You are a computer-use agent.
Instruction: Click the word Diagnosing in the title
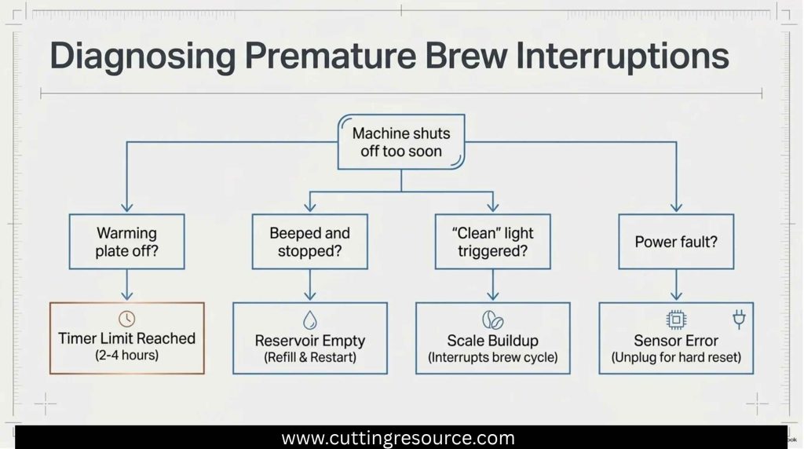click(x=143, y=57)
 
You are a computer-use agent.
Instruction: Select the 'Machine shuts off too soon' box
click(x=401, y=142)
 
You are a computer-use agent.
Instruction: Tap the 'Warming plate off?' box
click(x=126, y=242)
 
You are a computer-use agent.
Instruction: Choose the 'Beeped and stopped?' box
click(x=309, y=242)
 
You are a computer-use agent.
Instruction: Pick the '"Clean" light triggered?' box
click(x=493, y=242)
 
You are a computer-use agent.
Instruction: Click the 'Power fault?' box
click(x=676, y=242)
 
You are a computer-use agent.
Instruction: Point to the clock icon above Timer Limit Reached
click(x=126, y=319)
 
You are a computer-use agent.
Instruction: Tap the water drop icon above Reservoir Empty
click(x=309, y=319)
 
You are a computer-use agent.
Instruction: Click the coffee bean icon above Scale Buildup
click(x=493, y=319)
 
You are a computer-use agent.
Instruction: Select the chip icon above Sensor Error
click(x=676, y=319)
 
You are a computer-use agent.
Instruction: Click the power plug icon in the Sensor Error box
click(x=739, y=319)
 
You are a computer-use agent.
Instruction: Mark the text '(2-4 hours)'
click(x=126, y=356)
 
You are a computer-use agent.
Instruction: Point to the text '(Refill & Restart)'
click(x=309, y=357)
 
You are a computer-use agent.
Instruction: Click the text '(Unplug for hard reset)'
click(x=676, y=357)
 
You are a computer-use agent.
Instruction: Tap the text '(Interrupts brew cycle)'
click(x=493, y=357)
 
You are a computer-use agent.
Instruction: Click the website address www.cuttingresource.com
click(x=398, y=438)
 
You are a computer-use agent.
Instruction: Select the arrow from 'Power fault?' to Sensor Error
click(x=676, y=285)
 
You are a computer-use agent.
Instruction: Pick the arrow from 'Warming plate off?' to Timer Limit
click(x=126, y=285)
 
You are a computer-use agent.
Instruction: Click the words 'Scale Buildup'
click(x=493, y=341)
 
